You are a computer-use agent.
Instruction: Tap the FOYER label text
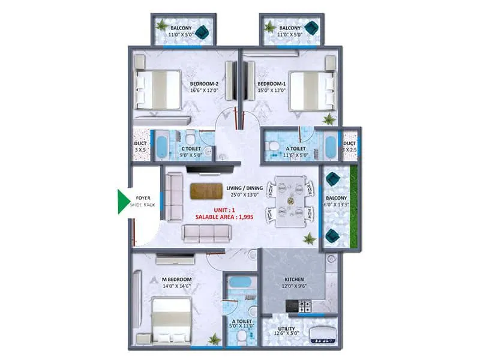tap(143, 197)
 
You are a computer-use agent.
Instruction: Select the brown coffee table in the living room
tap(205, 191)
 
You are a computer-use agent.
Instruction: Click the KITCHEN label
tap(294, 280)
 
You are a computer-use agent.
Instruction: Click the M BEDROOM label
tap(176, 280)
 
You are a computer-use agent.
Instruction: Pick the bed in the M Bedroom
tap(171, 315)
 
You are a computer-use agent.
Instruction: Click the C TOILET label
tap(191, 149)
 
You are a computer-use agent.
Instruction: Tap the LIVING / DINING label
tap(243, 188)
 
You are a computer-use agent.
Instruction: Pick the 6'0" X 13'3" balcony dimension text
tap(336, 206)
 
